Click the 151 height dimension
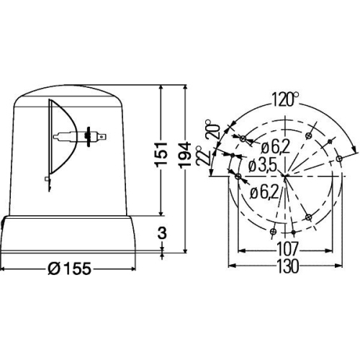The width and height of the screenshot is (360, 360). (x=161, y=154)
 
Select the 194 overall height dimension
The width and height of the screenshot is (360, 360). (x=185, y=154)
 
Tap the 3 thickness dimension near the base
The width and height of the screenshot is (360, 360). (x=162, y=233)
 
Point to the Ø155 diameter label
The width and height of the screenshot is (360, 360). (x=70, y=269)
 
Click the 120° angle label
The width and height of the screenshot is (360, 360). (x=285, y=99)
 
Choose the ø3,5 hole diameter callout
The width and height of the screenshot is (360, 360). (x=262, y=166)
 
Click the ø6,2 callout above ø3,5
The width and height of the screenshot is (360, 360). (x=276, y=147)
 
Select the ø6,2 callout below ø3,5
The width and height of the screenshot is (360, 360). (x=264, y=193)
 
